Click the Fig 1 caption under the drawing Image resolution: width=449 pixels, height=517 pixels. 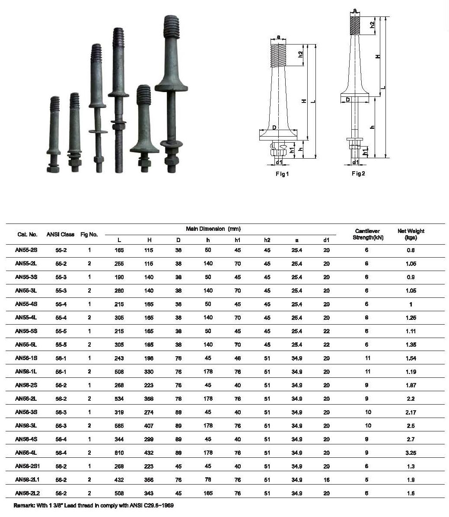tap(282, 174)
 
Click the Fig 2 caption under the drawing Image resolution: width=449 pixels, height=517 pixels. tap(358, 173)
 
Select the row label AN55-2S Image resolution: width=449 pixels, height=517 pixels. tap(26, 250)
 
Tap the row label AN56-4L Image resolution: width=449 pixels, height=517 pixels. tap(26, 453)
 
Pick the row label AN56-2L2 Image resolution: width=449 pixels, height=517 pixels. tap(27, 493)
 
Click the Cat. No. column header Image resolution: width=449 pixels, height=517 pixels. tap(27, 235)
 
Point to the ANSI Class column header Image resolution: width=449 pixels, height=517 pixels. tap(60, 235)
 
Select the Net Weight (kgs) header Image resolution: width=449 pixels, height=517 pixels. tap(411, 234)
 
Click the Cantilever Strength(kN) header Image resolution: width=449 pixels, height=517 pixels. tap(367, 234)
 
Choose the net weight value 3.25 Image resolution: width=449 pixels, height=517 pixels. tap(411, 453)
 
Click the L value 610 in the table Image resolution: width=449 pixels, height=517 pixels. tap(119, 453)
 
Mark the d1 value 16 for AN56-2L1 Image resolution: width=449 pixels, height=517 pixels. tap(326, 480)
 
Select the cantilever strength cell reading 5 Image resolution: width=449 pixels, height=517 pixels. tap(366, 480)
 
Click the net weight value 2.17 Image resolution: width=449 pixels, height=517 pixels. tap(411, 412)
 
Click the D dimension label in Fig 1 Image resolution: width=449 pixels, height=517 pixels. tap(274, 128)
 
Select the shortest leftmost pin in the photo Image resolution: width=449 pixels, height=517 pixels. tap(54, 134)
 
